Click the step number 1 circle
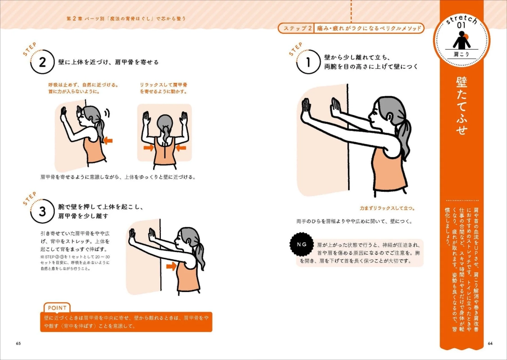coord(308,64)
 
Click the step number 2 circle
coord(42,63)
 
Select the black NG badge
coord(301,244)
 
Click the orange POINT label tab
coord(56,308)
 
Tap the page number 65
coord(18,344)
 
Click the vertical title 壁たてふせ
coord(462,106)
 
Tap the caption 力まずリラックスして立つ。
coord(387,208)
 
